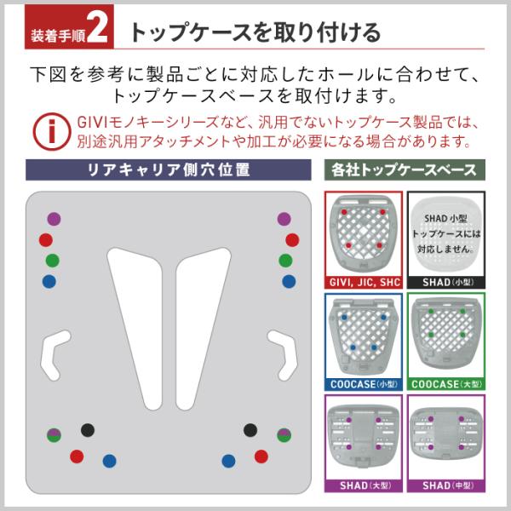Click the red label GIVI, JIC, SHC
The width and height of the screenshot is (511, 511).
(x=364, y=280)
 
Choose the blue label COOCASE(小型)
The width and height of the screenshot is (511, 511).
(x=364, y=384)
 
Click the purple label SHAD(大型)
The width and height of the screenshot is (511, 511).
(x=364, y=486)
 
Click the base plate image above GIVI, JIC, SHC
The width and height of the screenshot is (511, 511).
(x=364, y=231)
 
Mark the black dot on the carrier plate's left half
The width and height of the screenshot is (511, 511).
(x=86, y=429)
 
